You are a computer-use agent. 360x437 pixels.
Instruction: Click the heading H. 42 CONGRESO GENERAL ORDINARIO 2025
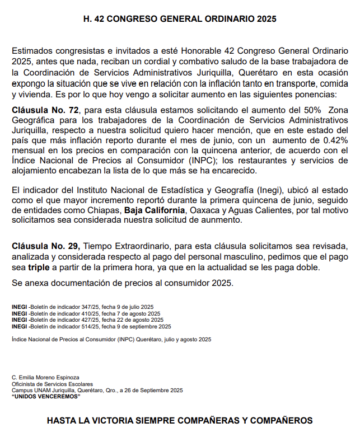coord(180,19)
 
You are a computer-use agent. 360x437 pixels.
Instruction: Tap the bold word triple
coord(39,267)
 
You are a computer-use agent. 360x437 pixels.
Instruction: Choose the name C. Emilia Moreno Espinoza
coord(45,378)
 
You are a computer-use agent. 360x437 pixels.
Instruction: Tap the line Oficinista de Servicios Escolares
coord(53,384)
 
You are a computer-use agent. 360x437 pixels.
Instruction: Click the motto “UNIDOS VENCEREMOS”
coord(46,396)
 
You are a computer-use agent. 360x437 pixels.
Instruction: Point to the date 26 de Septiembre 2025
coord(154,390)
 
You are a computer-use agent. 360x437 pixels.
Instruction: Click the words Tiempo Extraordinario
coord(127,246)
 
